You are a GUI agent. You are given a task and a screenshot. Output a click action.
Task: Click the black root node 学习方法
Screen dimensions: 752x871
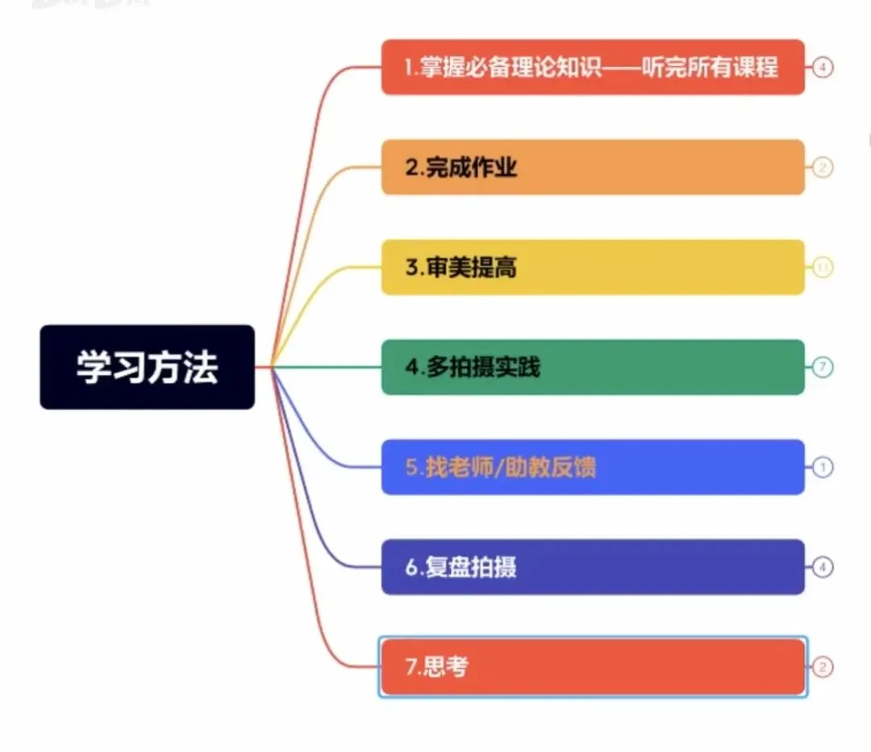pyautogui.click(x=147, y=367)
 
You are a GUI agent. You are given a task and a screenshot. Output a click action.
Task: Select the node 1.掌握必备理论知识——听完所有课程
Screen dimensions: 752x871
pyautogui.click(x=593, y=67)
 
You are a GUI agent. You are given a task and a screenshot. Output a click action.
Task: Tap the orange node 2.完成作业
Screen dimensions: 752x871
pyautogui.click(x=593, y=167)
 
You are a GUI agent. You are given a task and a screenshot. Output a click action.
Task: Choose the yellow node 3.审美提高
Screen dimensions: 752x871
pyautogui.click(x=593, y=267)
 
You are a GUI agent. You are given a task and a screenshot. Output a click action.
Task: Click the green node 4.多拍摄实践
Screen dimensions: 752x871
pyautogui.click(x=593, y=367)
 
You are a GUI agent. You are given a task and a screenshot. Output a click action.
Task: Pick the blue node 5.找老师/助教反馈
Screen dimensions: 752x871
pyautogui.click(x=593, y=467)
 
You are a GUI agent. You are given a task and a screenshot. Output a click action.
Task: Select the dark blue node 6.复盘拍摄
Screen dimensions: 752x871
pyautogui.click(x=593, y=567)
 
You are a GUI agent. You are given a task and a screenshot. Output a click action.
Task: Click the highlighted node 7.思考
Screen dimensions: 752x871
pyautogui.click(x=593, y=667)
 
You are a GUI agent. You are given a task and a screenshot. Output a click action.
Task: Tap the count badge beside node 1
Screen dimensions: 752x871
pyautogui.click(x=822, y=68)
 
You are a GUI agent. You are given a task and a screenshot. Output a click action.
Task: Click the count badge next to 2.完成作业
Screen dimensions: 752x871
pyautogui.click(x=822, y=168)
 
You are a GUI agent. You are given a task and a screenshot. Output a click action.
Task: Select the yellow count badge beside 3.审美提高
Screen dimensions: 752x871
pyautogui.click(x=822, y=268)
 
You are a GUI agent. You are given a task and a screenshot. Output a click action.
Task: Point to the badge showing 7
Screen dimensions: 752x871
pyautogui.click(x=822, y=368)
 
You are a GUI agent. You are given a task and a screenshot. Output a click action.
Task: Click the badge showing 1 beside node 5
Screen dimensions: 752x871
pyautogui.click(x=822, y=467)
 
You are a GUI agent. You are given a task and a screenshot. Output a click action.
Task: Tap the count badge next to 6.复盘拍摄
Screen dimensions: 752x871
pyautogui.click(x=822, y=567)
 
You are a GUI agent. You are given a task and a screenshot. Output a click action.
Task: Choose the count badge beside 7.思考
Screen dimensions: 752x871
pyautogui.click(x=822, y=667)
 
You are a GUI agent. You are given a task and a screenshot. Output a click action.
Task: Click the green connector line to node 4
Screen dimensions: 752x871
pyautogui.click(x=331, y=368)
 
